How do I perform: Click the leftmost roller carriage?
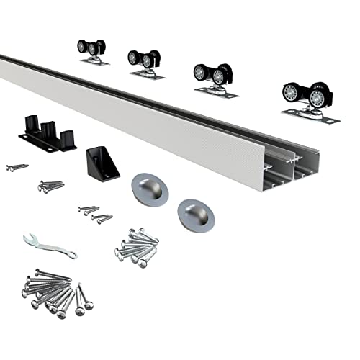(92, 52)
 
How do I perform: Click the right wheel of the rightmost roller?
(318, 99)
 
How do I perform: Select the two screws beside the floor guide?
(17, 167)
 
